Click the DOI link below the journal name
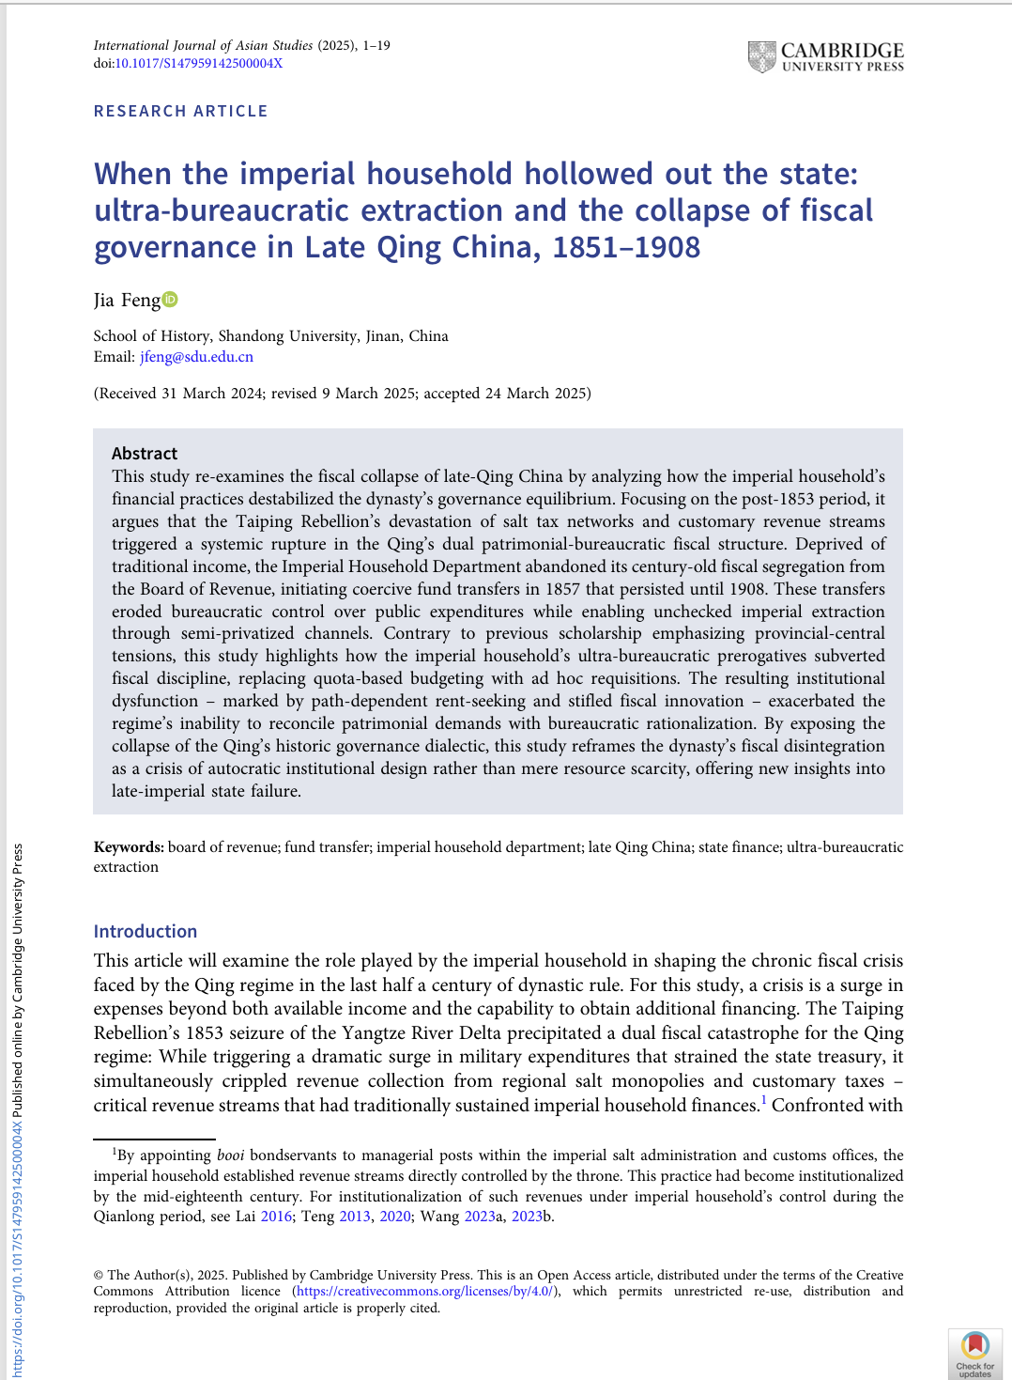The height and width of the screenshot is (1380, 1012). point(198,64)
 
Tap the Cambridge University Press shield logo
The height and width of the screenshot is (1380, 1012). point(761,56)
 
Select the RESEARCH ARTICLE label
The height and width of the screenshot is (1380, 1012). point(180,111)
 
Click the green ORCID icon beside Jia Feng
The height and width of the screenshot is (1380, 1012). point(170,300)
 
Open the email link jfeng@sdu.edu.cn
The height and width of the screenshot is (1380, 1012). point(196,357)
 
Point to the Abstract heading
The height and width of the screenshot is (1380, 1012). point(145,454)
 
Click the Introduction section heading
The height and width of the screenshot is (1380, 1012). point(146,931)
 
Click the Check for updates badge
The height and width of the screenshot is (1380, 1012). point(975,1354)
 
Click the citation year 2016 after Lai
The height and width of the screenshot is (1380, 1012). point(276,1217)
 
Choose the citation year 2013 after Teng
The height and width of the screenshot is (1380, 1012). point(355,1217)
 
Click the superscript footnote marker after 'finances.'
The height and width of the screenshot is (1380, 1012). point(764,1100)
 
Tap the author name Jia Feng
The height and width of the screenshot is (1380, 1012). point(127,301)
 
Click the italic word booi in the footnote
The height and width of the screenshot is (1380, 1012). point(230,1155)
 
